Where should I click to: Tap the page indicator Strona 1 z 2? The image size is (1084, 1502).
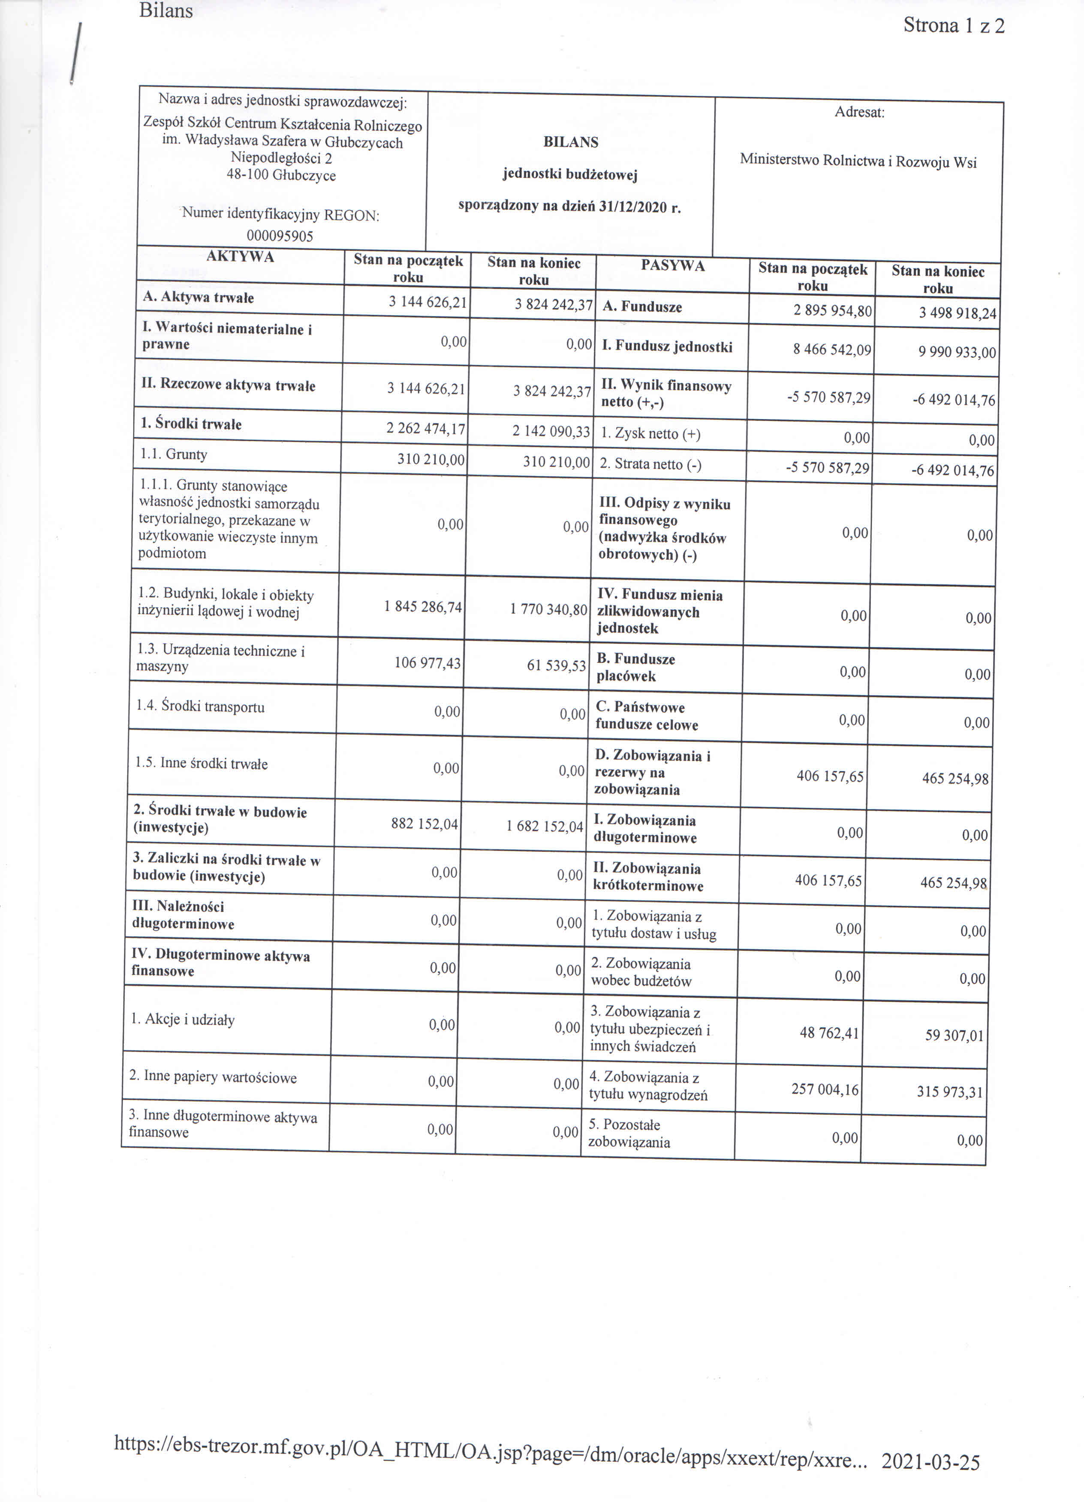pos(954,26)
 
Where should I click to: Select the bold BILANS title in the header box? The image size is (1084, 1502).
pos(570,142)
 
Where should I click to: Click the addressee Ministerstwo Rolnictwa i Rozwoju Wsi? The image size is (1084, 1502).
pos(858,161)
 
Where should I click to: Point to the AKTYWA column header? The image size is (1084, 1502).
pos(240,257)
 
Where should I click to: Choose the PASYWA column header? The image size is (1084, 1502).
pos(672,266)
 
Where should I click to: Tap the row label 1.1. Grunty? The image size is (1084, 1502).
pos(172,454)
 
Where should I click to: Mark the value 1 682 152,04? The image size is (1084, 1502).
pos(545,826)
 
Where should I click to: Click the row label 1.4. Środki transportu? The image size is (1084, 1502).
pos(200,706)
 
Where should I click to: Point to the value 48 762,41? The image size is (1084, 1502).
pos(829,1033)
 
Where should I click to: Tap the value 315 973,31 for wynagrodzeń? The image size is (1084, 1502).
pos(949,1091)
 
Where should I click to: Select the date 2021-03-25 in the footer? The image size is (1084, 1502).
pos(930,1462)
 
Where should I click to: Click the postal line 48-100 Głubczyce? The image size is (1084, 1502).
pos(281,175)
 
